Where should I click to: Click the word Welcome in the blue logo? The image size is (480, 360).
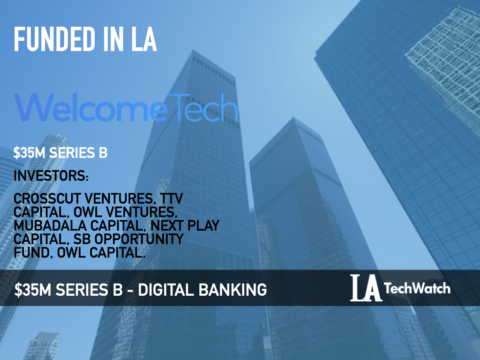point(91,107)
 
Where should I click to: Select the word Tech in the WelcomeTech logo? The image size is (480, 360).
point(202,107)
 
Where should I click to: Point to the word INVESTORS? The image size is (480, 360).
point(51,176)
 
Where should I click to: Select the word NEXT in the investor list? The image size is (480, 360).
point(167,225)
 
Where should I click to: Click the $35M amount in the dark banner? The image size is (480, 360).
point(33,290)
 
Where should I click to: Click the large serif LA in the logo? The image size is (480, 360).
point(366,288)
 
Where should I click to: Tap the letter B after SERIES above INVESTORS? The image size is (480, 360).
point(103,153)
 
